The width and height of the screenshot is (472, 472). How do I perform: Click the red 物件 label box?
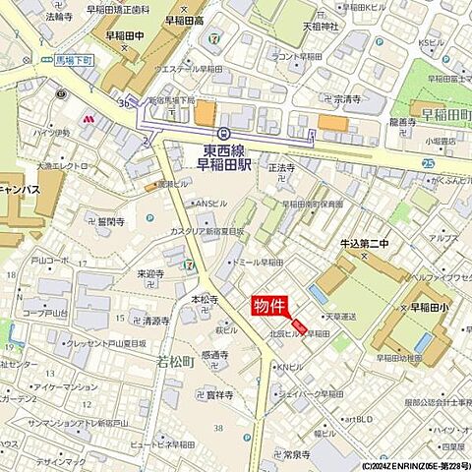[x=272, y=306]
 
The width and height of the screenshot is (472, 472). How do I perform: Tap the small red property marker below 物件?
[x=299, y=325]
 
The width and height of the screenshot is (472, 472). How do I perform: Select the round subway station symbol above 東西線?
[x=224, y=133]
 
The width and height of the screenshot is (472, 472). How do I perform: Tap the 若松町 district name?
[x=178, y=361]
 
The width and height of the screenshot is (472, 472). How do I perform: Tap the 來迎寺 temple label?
[x=149, y=274]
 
